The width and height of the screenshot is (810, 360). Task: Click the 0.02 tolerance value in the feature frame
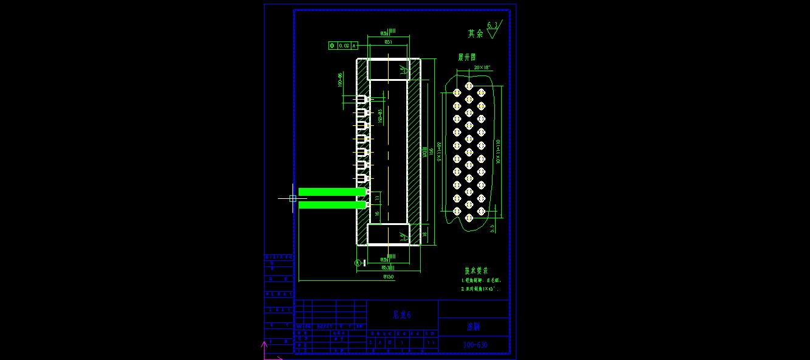click(344, 46)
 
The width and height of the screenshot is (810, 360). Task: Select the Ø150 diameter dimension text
click(388, 277)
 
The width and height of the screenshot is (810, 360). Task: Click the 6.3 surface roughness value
click(493, 25)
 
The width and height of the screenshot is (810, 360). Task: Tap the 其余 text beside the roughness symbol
click(476, 34)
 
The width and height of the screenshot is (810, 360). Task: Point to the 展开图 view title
click(467, 57)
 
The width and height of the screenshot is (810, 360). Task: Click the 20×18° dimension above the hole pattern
click(482, 67)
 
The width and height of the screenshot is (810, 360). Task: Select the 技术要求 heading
click(477, 271)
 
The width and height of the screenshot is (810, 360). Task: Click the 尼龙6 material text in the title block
click(402, 315)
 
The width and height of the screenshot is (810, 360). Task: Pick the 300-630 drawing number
click(476, 345)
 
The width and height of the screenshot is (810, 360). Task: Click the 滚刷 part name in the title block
click(474, 327)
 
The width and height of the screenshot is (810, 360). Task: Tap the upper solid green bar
click(331, 192)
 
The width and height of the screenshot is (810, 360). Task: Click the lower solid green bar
click(331, 205)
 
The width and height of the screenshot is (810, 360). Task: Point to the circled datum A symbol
click(358, 263)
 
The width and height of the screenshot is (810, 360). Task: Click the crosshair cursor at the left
click(292, 198)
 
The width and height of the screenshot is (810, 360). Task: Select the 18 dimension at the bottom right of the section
click(424, 234)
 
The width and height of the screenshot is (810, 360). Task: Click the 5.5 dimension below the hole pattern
click(492, 227)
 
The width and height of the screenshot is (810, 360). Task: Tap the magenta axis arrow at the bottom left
click(264, 345)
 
